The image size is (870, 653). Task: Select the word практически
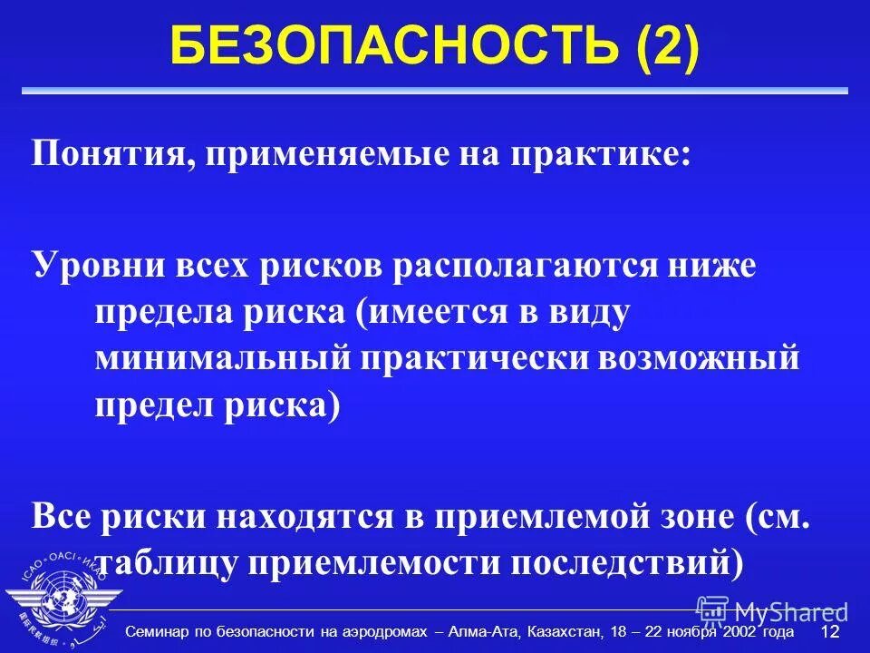coord(469,357)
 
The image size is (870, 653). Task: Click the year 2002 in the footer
coord(742,631)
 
